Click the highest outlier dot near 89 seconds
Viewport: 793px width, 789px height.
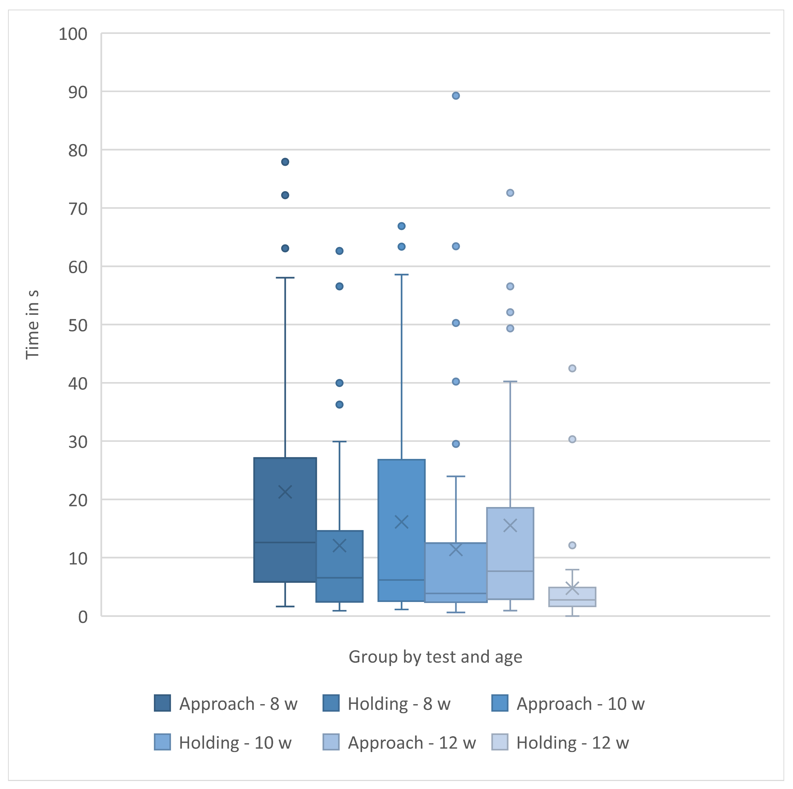[456, 96]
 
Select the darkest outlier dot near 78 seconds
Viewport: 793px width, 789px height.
[285, 162]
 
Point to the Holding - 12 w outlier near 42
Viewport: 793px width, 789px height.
[572, 368]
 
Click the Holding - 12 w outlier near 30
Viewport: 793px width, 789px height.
[572, 439]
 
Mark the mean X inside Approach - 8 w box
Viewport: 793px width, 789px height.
[285, 492]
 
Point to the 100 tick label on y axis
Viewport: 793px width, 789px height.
[73, 34]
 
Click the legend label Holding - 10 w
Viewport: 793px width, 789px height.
[235, 743]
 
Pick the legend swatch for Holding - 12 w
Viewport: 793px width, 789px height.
[499, 742]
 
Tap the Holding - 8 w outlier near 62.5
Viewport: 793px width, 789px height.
[339, 251]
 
